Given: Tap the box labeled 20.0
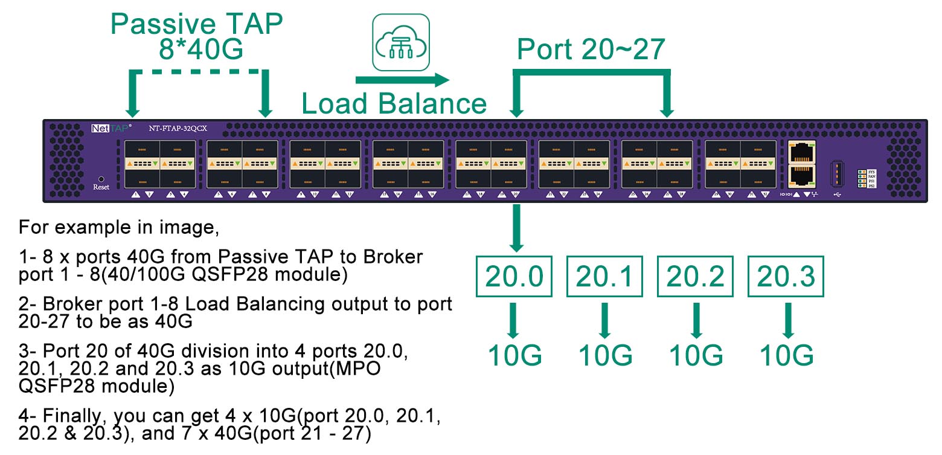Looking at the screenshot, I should coord(515,277).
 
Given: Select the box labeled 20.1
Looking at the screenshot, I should coord(604,277).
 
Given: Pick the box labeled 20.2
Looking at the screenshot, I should coord(696,277).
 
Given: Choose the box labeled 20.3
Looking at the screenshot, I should coord(786,277).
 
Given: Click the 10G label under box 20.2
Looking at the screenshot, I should coord(696,355).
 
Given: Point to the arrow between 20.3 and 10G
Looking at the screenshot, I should coord(787,320).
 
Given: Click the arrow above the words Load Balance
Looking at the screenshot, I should coord(402,80).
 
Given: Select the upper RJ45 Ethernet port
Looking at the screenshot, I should coord(801,151).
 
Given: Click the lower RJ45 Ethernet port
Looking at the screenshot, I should coord(801,175).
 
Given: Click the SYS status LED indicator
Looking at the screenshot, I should coord(863,172).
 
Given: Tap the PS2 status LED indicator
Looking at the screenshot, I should coord(863,186).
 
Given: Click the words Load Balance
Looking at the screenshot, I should coord(394,104).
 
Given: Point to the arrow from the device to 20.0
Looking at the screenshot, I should coord(516,228).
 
